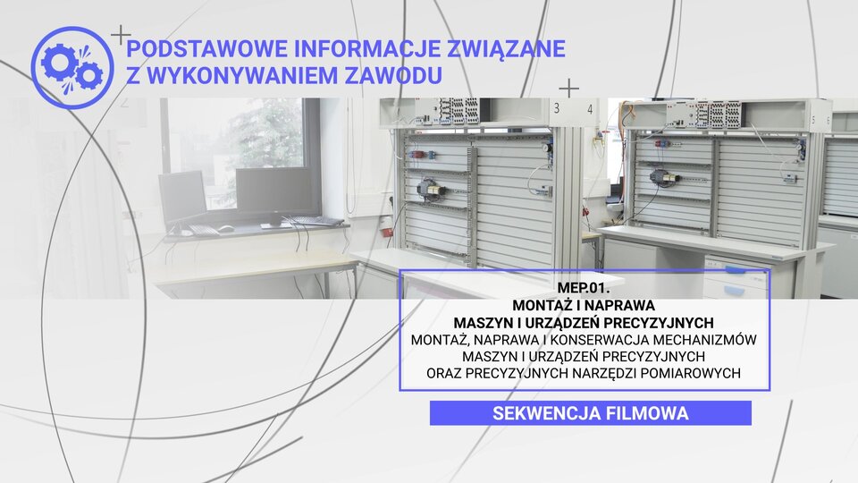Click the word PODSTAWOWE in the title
206,48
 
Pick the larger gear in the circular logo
59,62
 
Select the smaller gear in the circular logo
89,75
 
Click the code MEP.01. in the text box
584,287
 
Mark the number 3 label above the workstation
557,108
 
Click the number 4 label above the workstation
590,109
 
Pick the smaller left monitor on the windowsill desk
182,196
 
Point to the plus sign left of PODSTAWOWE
121,36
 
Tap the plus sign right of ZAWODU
569,89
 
